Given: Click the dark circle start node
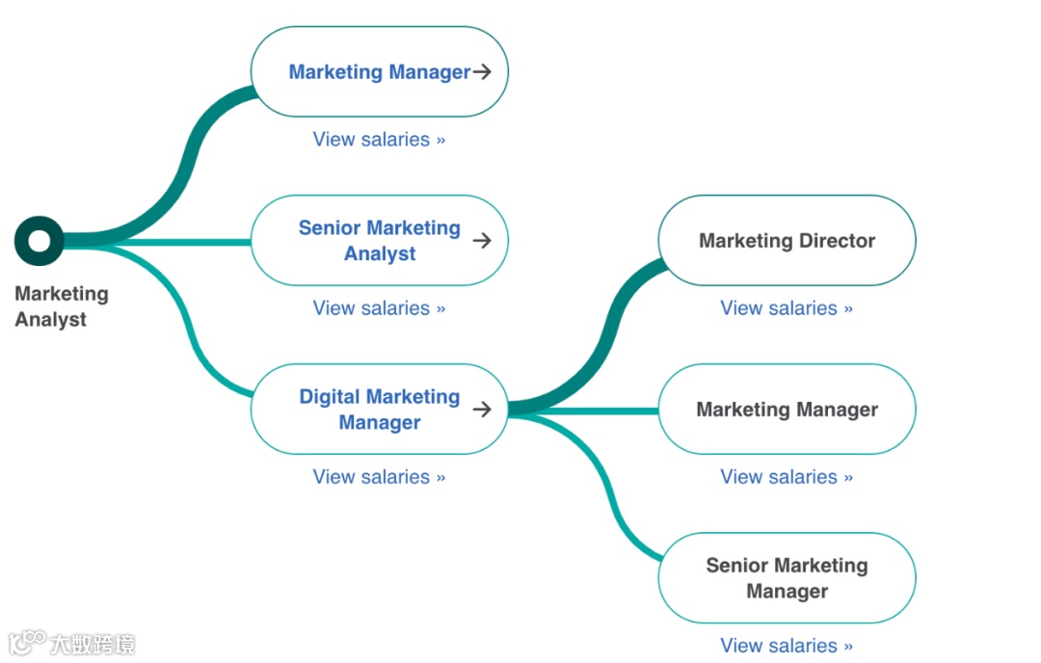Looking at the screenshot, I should (x=40, y=241).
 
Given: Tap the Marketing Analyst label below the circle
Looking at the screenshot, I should (x=62, y=306).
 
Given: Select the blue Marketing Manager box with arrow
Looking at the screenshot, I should (x=379, y=72).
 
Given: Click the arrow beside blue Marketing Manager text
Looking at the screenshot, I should (x=482, y=72).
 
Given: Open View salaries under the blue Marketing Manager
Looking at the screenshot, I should (x=379, y=140).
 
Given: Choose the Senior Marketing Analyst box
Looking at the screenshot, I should (x=379, y=241).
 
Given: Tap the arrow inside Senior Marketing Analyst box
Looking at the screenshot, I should (x=482, y=241).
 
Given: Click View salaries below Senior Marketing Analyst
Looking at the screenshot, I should (x=379, y=308).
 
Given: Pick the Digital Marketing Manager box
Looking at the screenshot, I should (x=379, y=410).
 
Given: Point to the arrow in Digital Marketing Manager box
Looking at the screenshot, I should (x=482, y=410).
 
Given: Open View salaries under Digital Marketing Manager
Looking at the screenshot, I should (x=379, y=477).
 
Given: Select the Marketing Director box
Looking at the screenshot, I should (x=787, y=241).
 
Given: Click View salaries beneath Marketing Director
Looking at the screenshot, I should (x=787, y=308).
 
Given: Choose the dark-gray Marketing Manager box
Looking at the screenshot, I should (x=787, y=410).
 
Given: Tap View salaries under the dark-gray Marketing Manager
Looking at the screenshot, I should (x=787, y=477).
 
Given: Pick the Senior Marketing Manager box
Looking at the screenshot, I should (x=787, y=578).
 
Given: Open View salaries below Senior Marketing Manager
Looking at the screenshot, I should (x=787, y=646).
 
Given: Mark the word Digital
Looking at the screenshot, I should (x=329, y=397).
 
